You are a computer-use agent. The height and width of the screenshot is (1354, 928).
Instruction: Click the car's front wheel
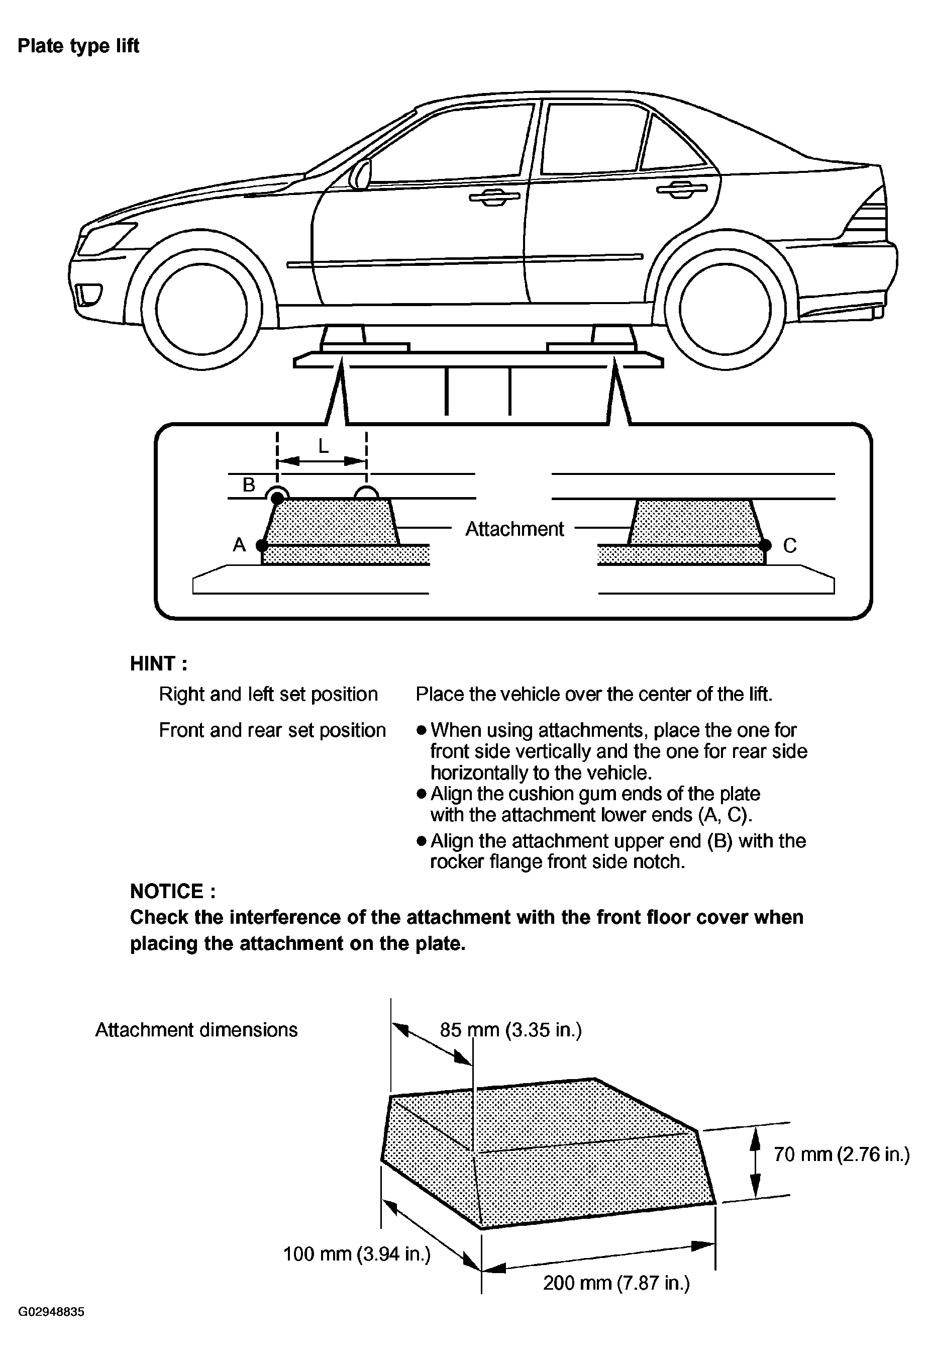[201, 308]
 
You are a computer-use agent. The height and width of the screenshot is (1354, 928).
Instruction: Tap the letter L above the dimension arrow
[323, 446]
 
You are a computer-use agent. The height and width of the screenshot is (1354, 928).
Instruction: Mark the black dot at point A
[262, 545]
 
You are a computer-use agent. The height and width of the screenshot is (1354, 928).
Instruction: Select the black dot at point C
[766, 545]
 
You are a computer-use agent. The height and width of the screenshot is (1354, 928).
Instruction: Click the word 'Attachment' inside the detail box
[514, 529]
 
